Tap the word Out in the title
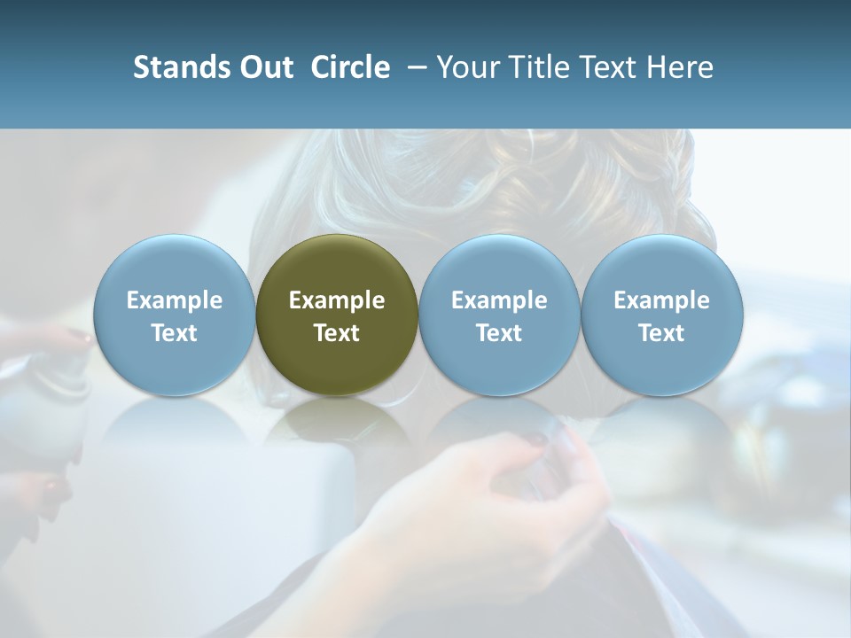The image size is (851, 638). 264,67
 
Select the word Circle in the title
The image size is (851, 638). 350,67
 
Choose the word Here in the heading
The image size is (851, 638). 678,67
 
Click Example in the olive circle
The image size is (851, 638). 337,301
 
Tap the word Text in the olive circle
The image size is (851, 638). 337,333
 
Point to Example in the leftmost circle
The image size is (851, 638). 174,301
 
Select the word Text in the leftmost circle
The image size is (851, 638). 174,333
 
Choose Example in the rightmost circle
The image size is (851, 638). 661,301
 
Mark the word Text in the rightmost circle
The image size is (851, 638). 661,333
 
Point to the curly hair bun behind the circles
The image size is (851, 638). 496,177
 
